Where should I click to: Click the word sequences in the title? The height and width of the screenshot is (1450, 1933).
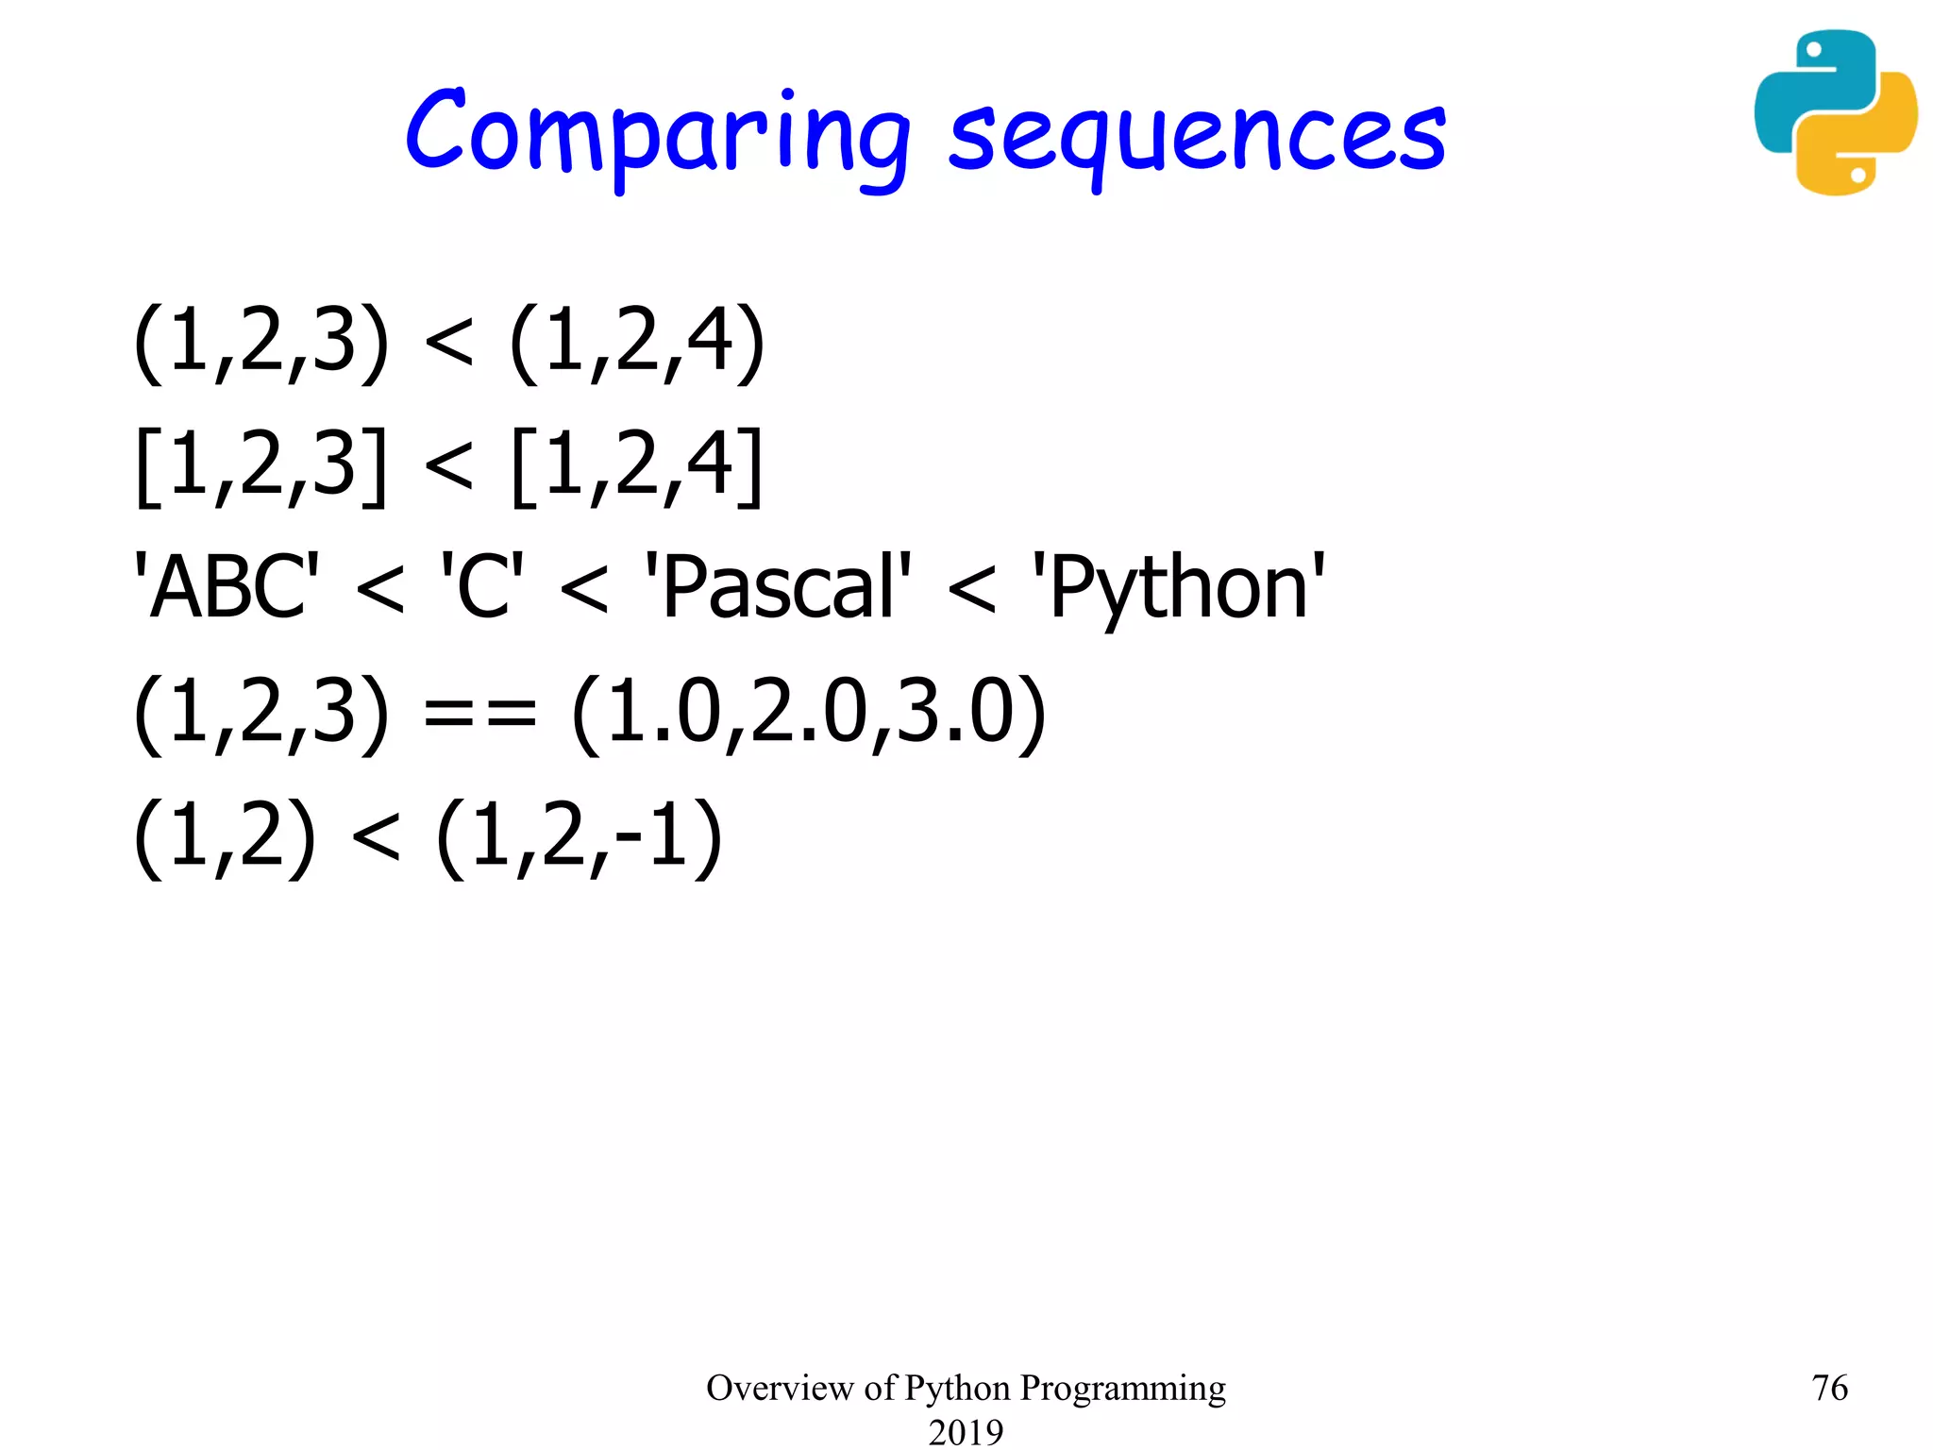point(1197,137)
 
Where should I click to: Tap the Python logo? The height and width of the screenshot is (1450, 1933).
point(1835,112)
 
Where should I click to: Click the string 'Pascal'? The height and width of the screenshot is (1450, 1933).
point(778,587)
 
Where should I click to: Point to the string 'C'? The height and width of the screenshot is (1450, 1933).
point(482,587)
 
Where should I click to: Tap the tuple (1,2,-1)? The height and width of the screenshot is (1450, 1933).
point(579,836)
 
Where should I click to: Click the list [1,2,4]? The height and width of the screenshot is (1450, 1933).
point(636,464)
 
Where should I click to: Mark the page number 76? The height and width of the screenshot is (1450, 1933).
point(1829,1388)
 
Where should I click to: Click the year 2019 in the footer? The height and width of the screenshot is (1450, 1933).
point(966,1432)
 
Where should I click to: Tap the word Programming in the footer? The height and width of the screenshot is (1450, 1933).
point(1122,1389)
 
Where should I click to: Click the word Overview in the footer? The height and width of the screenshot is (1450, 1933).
point(780,1388)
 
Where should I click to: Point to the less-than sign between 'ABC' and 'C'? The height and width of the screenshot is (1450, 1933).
point(380,590)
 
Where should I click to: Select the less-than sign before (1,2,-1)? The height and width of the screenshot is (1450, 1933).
point(376,837)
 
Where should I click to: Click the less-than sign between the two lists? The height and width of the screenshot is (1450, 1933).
point(448,466)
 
